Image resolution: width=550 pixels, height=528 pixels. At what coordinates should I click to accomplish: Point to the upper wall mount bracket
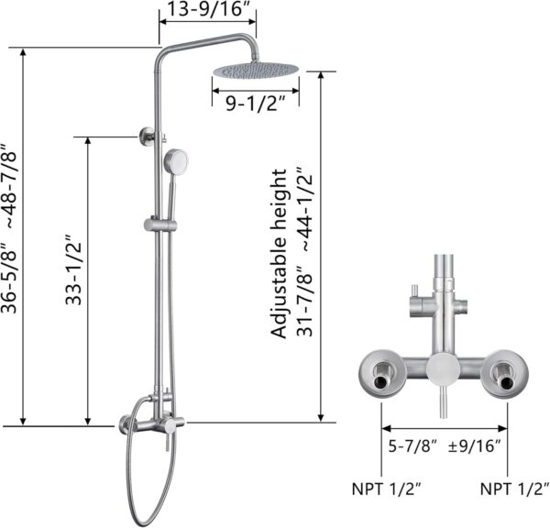(148, 137)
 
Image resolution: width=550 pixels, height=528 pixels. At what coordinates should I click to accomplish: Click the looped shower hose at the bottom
(137, 477)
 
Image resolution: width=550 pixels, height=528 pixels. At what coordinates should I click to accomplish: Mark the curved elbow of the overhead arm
(165, 51)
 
